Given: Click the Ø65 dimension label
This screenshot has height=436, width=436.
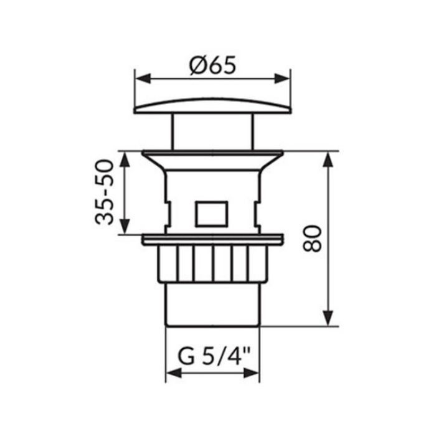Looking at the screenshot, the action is pyautogui.click(x=213, y=65).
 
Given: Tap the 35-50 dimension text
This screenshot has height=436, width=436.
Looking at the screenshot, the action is pyautogui.click(x=105, y=192).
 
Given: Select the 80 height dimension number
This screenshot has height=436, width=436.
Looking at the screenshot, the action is pyautogui.click(x=312, y=239).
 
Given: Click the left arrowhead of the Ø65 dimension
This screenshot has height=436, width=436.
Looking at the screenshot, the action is pyautogui.click(x=143, y=78).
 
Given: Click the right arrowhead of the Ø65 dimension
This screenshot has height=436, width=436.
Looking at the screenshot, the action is pyautogui.click(x=283, y=78).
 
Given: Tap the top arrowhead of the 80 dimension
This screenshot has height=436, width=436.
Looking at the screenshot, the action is pyautogui.click(x=328, y=159).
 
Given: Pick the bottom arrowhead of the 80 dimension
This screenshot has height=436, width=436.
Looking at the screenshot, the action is pyautogui.click(x=328, y=318).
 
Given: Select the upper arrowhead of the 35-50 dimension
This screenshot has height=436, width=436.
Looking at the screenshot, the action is pyautogui.click(x=125, y=159).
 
